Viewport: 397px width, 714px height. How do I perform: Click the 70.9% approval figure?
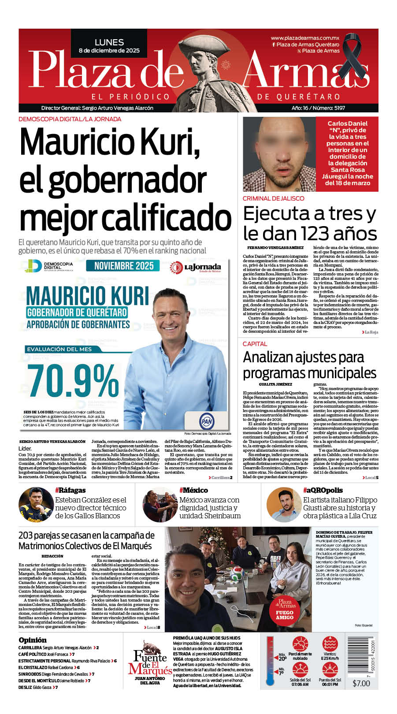point(73,380)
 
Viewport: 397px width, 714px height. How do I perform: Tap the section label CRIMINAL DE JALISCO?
point(273,198)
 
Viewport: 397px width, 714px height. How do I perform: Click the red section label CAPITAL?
point(255,344)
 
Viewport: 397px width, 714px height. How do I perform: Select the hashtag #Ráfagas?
point(70,490)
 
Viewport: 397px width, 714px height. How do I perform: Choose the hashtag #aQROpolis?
point(323,490)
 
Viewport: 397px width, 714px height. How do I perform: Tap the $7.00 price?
point(361,684)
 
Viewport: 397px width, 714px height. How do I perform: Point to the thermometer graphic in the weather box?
point(270,661)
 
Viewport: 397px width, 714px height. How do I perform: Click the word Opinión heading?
point(33,640)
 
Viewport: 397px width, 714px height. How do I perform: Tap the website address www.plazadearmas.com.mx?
point(305,38)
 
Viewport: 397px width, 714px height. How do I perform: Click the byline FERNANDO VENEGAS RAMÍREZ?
point(275,248)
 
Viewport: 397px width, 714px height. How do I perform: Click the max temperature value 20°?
point(282,658)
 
